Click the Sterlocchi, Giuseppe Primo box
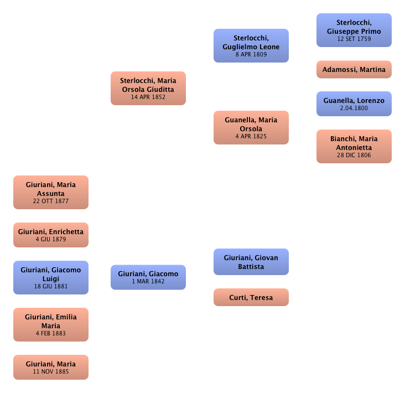coord(354,30)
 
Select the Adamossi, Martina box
coord(354,70)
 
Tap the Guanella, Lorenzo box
coord(354,104)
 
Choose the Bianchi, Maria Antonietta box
coord(354,147)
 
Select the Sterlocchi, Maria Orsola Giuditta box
coord(148,88)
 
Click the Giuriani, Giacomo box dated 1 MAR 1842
coord(148,277)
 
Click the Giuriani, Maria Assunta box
coord(50,192)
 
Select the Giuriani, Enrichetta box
coord(50,235)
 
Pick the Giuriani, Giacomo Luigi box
coord(50,277)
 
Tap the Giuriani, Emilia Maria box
coord(50,325)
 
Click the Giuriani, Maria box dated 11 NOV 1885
coord(50,367)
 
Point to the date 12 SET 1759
coord(354,39)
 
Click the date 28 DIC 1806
coord(354,156)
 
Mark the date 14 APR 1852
coord(148,97)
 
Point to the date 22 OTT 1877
coord(50,201)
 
